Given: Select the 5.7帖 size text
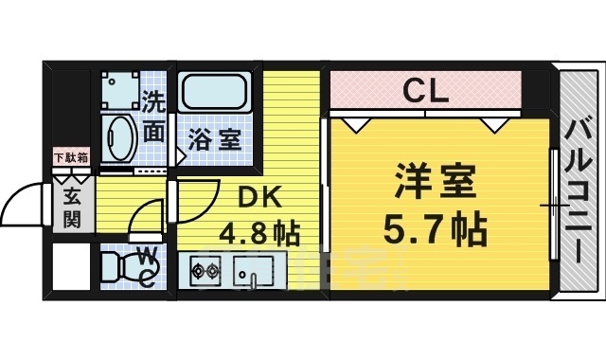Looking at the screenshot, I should tap(435, 226).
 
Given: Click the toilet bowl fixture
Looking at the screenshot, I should tap(118, 268).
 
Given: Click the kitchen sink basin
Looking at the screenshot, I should tap(253, 271).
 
